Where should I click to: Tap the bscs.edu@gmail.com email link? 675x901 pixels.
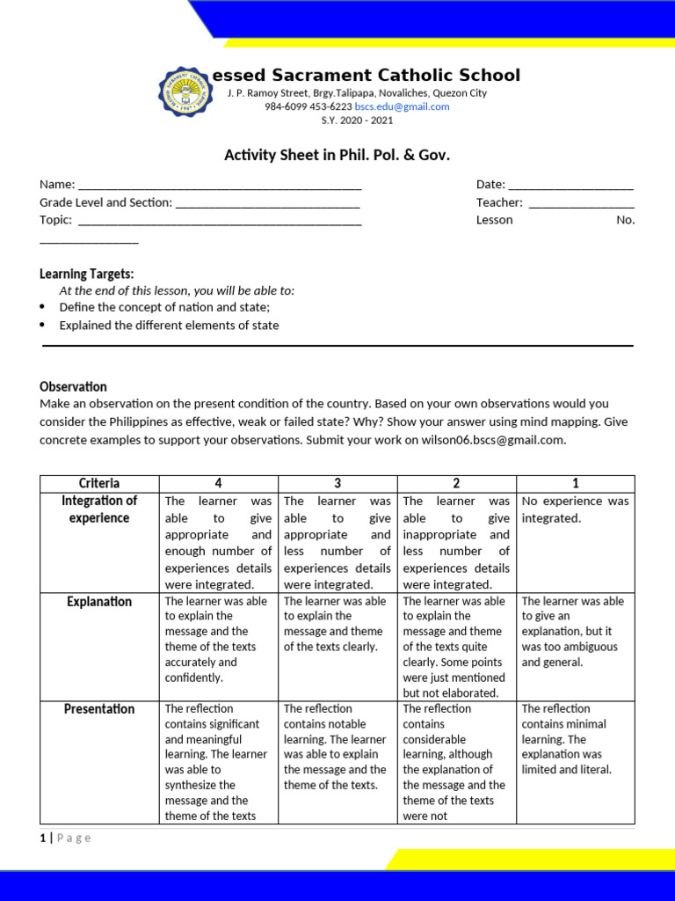402,106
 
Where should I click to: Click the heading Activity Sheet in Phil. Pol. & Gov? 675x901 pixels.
337,155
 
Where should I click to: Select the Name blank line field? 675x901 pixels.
220,186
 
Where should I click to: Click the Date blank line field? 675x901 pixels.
570,186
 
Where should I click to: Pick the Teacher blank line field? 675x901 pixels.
581,203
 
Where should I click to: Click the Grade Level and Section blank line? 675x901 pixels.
267,203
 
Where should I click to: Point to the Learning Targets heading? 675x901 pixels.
87,274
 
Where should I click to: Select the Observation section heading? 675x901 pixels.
73,386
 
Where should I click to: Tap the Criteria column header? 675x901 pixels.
99,483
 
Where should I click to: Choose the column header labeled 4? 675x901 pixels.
218,483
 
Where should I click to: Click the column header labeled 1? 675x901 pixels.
575,483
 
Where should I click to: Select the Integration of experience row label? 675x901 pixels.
99,509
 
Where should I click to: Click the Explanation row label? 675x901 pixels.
99,602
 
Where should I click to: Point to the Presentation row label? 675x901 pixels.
99,709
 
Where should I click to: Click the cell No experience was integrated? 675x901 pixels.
575,509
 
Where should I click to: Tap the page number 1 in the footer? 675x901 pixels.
42,838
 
